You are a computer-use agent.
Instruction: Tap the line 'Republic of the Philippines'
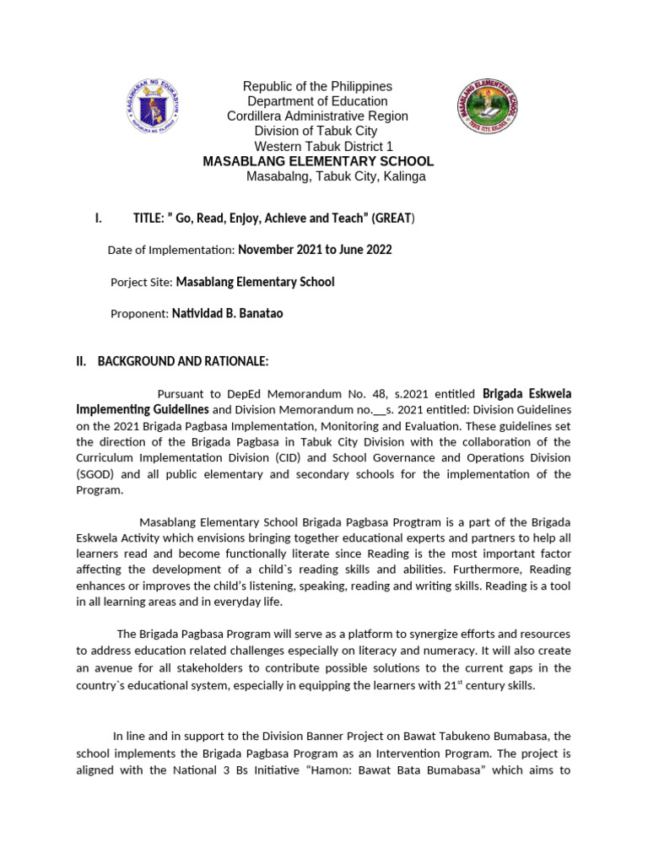point(317,86)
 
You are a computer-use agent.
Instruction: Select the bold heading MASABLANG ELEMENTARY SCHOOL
point(318,161)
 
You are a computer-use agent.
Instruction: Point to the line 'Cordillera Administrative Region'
point(317,116)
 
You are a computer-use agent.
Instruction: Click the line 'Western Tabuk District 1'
point(317,146)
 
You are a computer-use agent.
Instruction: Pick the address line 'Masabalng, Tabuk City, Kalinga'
point(335,176)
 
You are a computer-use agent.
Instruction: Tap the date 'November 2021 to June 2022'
point(315,250)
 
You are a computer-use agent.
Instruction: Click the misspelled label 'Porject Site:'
point(141,282)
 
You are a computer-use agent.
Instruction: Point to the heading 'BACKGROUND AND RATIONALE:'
point(183,361)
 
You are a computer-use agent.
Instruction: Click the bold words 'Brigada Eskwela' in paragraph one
point(526,393)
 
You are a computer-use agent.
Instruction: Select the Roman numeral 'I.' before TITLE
point(99,219)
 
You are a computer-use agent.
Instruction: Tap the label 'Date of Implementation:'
point(171,251)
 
